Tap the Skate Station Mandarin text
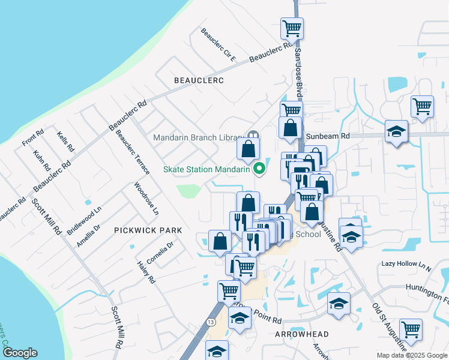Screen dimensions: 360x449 click(x=206, y=169)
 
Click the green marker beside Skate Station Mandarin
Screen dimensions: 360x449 click(x=260, y=169)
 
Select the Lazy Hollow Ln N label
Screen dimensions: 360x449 click(x=406, y=264)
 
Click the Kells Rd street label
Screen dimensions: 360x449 click(x=65, y=142)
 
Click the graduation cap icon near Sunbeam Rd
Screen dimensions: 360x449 click(x=396, y=131)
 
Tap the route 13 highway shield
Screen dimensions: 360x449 click(x=211, y=322)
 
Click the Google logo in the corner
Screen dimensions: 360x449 click(x=19, y=353)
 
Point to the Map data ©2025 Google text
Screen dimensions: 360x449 click(x=411, y=355)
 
